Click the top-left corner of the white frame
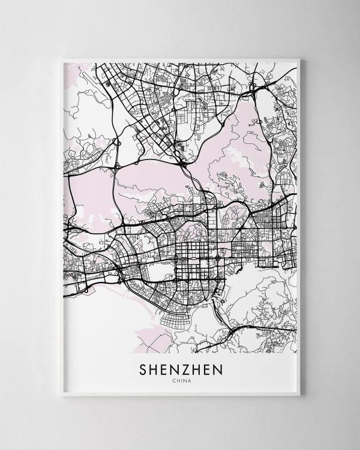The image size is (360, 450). click(62, 58)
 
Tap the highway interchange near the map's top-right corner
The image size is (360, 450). click(259, 88)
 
